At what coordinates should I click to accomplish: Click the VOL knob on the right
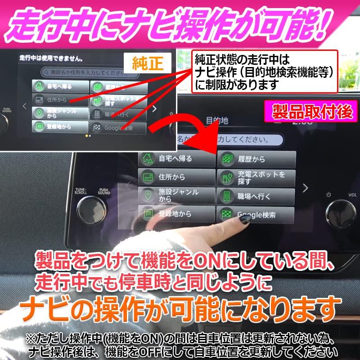[340, 211]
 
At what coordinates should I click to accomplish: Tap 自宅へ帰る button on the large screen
[175, 158]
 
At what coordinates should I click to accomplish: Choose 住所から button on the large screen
[175, 177]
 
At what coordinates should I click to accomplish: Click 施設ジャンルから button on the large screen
[175, 195]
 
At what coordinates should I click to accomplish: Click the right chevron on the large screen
[305, 188]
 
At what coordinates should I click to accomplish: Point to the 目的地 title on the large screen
[217, 121]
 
